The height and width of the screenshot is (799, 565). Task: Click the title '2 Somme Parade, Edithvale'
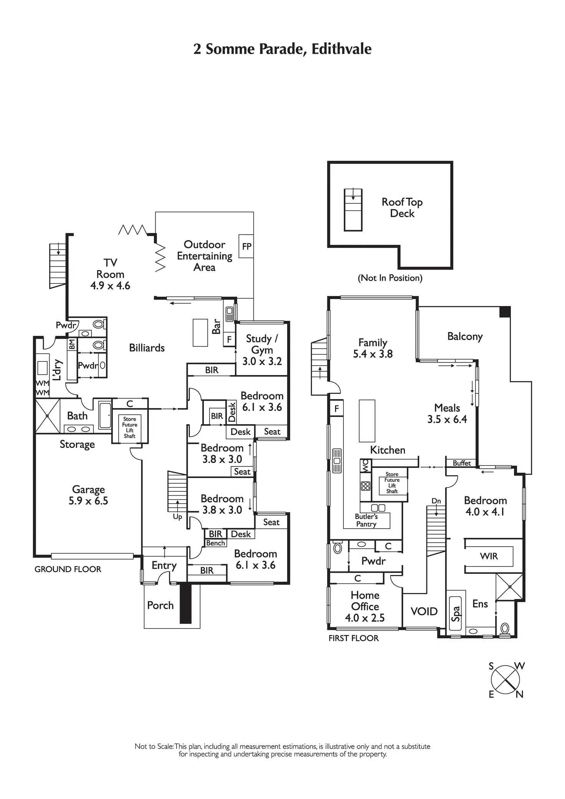282,49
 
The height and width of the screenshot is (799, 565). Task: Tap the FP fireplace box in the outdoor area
246,246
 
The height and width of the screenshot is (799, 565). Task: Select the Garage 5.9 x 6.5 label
88,495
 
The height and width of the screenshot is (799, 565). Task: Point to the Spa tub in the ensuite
456,613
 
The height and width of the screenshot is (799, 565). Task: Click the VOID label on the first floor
424,611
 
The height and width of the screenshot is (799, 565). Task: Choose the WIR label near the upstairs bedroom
489,556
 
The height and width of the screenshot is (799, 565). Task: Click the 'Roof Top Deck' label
402,208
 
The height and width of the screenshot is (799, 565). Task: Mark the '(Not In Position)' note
390,278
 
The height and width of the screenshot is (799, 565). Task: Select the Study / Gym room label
262,350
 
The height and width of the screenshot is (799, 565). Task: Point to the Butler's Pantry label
366,521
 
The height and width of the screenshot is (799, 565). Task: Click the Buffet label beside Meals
461,463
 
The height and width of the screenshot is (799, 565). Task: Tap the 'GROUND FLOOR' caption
68,569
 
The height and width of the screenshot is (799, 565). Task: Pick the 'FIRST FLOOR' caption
354,638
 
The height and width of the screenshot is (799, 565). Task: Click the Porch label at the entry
160,605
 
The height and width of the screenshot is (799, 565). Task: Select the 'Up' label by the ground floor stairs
177,517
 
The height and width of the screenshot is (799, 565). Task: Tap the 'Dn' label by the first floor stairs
436,501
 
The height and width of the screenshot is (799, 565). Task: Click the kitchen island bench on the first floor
367,421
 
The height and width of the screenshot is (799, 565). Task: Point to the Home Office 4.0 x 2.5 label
365,606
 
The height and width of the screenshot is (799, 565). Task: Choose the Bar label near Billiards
216,326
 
